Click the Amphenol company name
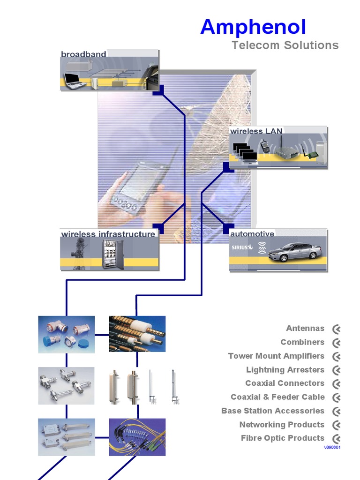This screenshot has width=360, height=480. click(x=253, y=27)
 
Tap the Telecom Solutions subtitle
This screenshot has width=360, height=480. click(x=285, y=45)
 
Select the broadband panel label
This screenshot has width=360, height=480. click(x=83, y=54)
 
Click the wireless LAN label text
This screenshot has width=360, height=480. click(x=256, y=131)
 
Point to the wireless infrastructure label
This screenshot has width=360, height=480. click(x=108, y=234)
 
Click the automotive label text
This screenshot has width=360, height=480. click(x=252, y=234)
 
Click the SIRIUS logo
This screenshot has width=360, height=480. click(x=242, y=247)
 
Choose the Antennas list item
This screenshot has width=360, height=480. click(x=305, y=329)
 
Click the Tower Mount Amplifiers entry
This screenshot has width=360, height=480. click(x=276, y=356)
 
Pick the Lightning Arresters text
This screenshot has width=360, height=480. click(x=285, y=370)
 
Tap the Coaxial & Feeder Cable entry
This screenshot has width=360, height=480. click(x=277, y=397)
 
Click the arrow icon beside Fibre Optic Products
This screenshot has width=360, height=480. click(x=336, y=439)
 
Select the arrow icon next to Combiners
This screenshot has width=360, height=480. click(x=336, y=343)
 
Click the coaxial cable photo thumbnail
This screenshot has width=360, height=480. click(x=137, y=334)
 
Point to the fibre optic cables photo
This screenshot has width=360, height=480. click(x=137, y=437)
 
